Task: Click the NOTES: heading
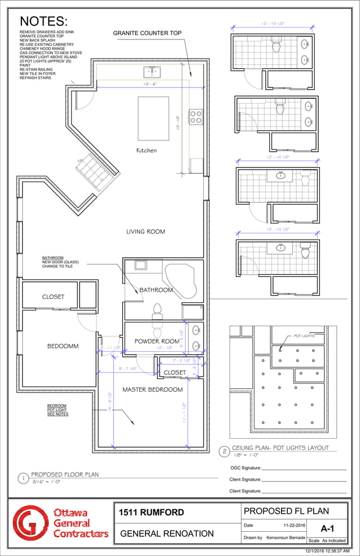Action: [43, 21]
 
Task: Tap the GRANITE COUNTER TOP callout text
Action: [147, 33]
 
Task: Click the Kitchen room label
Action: [146, 151]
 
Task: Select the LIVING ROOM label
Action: [145, 231]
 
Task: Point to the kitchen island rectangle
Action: [153, 118]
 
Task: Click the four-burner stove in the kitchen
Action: [196, 116]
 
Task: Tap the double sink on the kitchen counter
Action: [151, 72]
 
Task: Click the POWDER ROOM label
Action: [156, 341]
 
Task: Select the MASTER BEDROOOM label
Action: [152, 390]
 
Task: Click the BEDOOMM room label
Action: [63, 346]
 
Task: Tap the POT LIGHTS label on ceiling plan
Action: [304, 336]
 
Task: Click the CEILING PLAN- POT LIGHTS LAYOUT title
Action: [280, 448]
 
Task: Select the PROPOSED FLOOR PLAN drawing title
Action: [64, 475]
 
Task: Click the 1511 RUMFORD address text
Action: [151, 513]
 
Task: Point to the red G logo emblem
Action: [32, 524]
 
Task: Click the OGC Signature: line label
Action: [245, 468]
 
